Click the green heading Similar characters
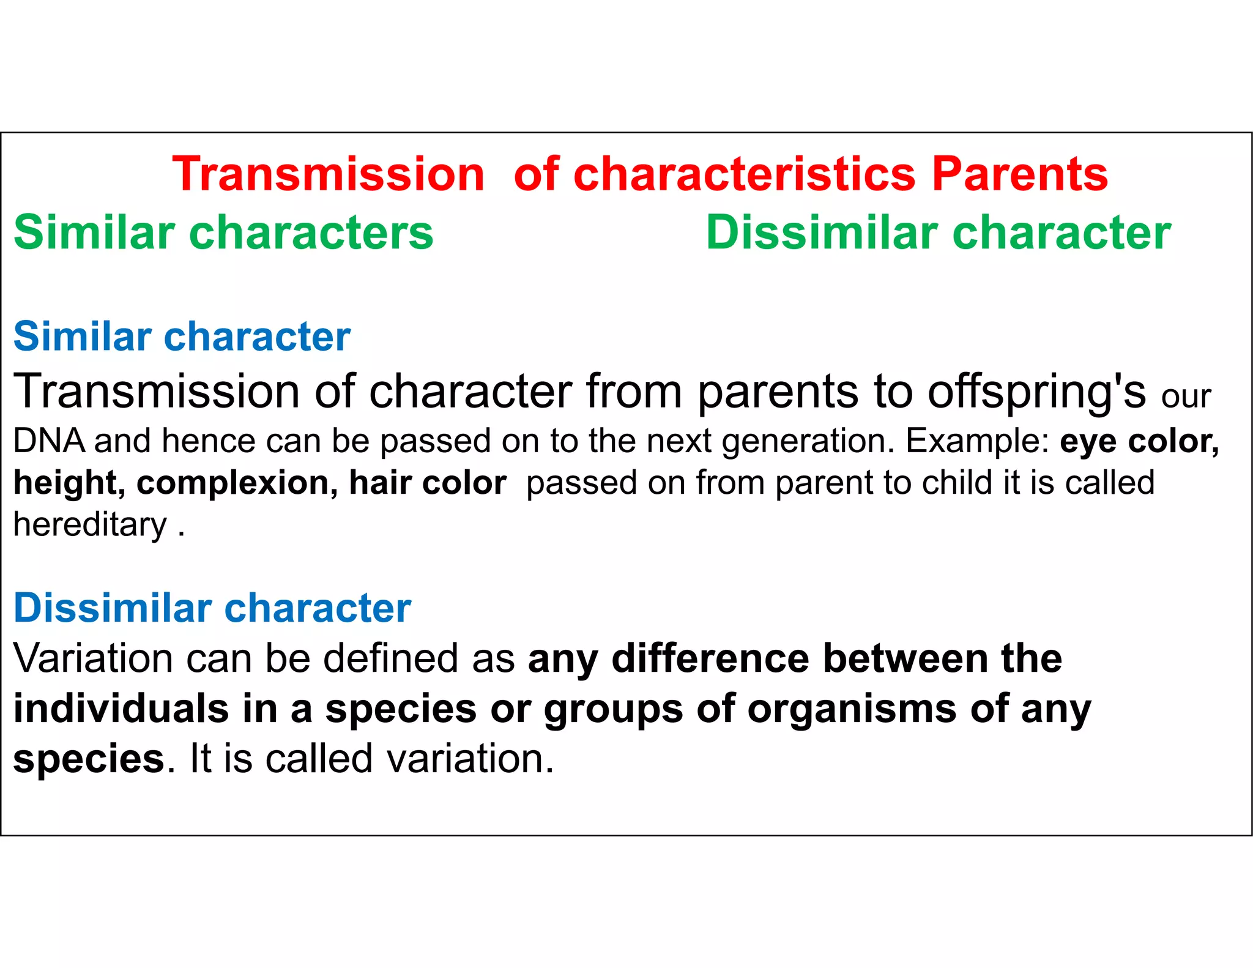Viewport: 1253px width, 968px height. point(223,233)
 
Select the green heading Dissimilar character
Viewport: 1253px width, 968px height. point(938,233)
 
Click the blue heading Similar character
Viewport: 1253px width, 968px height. point(182,337)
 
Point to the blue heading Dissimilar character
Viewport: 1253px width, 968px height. point(212,608)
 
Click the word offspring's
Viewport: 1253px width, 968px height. point(1036,392)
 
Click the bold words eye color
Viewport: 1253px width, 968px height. point(1139,441)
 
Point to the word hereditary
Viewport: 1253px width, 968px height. point(90,525)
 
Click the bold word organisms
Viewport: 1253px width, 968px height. point(852,710)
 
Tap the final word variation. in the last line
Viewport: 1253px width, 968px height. point(470,759)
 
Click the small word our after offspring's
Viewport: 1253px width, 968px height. point(1186,397)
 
